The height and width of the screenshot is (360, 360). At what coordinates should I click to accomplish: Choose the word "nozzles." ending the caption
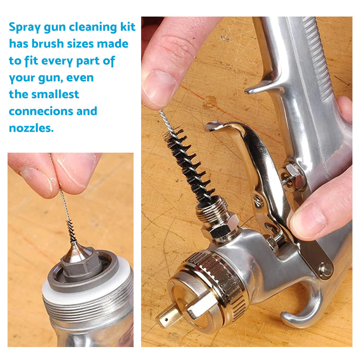point(31,128)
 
